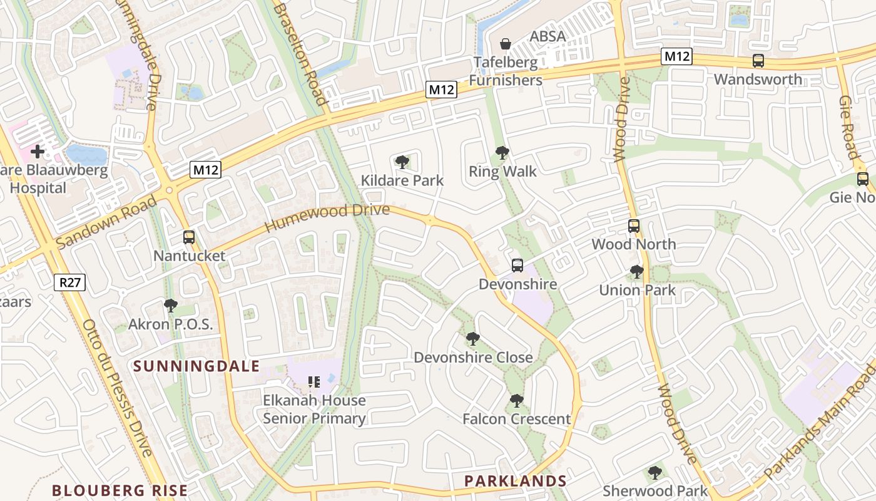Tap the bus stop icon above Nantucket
coord(189,237)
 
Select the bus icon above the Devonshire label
coord(517,266)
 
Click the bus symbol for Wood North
coord(634,226)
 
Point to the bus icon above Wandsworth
coord(758,61)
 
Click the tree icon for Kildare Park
coord(402,163)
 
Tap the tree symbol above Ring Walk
coord(502,153)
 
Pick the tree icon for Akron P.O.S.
coord(170,306)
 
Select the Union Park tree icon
coord(637,272)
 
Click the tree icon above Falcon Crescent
coord(516,401)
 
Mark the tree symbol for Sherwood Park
coord(655,473)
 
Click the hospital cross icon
coord(38,151)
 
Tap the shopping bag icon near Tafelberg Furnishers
coord(506,44)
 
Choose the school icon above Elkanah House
coord(314,381)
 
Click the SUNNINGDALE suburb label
coord(196,366)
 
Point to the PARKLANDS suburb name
coord(516,481)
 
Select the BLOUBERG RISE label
coord(120,490)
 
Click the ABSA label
coord(547,36)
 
